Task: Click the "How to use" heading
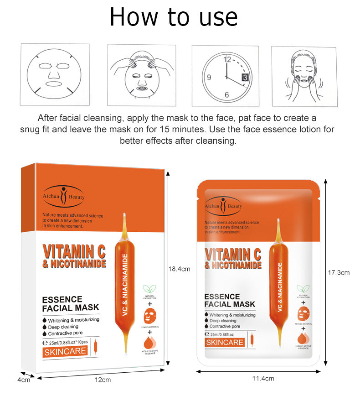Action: coord(174,17)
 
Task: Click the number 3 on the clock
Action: coord(245,77)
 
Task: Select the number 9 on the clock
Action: coord(209,77)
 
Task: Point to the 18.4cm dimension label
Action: coord(179,269)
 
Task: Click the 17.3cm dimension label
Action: coord(339,273)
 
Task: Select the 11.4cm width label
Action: coord(263,379)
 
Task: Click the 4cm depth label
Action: coord(24,380)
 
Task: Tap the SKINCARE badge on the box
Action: coord(66,351)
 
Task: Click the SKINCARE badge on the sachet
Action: coord(225,342)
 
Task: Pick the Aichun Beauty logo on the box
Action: coord(64,197)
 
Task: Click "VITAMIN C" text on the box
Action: coord(74,251)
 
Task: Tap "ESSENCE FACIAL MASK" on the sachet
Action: coord(229,300)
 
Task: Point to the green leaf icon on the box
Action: coord(148,289)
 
